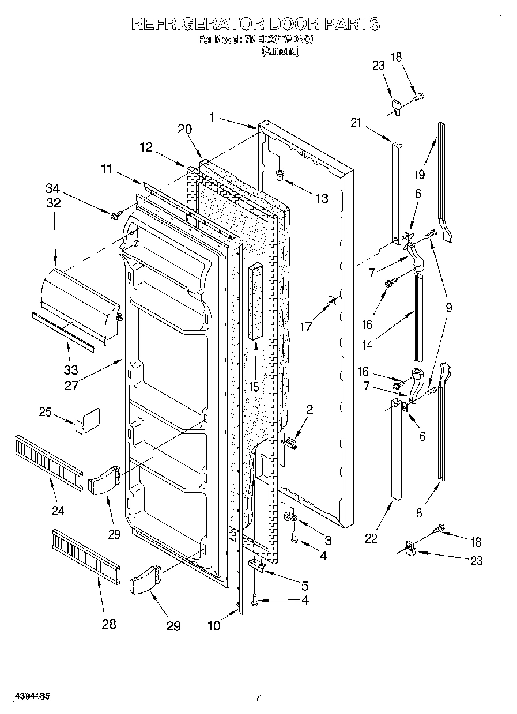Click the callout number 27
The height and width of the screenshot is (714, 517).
[x=71, y=386]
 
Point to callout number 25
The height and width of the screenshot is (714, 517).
[x=46, y=413]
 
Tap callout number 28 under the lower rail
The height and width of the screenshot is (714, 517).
[x=108, y=623]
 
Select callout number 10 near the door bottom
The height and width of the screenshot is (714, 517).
[x=214, y=626]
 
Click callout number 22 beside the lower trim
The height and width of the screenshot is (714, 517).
[x=371, y=538]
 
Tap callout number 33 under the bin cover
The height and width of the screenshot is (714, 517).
[x=70, y=370]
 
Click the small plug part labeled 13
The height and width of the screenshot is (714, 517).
[x=280, y=174]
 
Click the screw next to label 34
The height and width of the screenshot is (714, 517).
[x=115, y=216]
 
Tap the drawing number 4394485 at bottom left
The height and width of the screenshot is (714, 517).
[x=29, y=696]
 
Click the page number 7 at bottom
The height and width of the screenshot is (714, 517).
[x=258, y=697]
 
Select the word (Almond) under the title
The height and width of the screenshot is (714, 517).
[x=281, y=51]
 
